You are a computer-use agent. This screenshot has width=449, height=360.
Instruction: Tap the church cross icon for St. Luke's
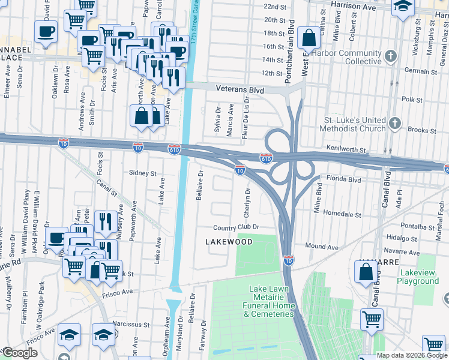[394, 124]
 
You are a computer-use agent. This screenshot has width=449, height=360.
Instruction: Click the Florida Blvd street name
[344, 179]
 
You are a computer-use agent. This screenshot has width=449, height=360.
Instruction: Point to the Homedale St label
[342, 214]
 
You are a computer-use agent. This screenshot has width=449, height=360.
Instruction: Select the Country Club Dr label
[236, 227]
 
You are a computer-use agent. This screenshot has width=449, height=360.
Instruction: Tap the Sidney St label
[142, 173]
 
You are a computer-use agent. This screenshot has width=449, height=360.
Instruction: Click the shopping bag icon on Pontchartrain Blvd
[308, 38]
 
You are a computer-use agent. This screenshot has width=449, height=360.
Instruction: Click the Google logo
[20, 353]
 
